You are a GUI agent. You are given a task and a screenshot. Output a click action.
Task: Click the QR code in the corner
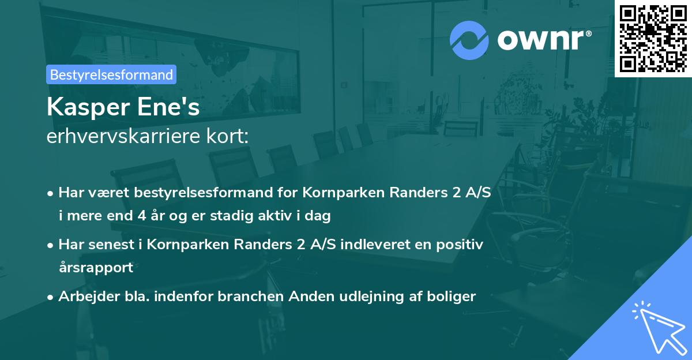point(653,38)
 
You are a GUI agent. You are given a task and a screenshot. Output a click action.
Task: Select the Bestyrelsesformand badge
point(111,74)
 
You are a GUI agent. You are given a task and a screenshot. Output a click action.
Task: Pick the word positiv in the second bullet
point(462,243)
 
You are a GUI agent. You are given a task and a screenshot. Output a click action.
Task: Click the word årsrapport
point(96,268)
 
